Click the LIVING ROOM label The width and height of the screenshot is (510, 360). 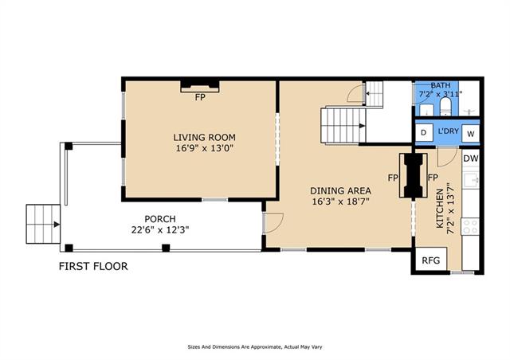[204, 137]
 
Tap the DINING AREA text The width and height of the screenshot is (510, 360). [340, 190]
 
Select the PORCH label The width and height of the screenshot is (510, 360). [160, 219]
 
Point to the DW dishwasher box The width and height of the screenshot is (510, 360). [471, 158]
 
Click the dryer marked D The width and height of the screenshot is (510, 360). [423, 132]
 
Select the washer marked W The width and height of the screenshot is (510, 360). [471, 133]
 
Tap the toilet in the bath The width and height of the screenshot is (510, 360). [445, 107]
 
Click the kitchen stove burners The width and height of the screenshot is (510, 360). [470, 226]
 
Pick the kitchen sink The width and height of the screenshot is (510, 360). [471, 180]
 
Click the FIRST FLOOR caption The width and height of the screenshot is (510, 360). [93, 266]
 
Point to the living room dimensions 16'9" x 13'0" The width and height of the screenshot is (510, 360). [205, 148]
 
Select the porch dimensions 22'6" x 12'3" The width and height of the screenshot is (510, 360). [160, 230]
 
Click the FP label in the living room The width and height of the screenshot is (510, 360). [200, 97]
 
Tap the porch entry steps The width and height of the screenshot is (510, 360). [43, 224]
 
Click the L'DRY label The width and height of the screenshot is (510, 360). [448, 131]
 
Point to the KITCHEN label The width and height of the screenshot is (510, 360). [439, 209]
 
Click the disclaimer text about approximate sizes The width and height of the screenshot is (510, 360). [255, 347]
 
